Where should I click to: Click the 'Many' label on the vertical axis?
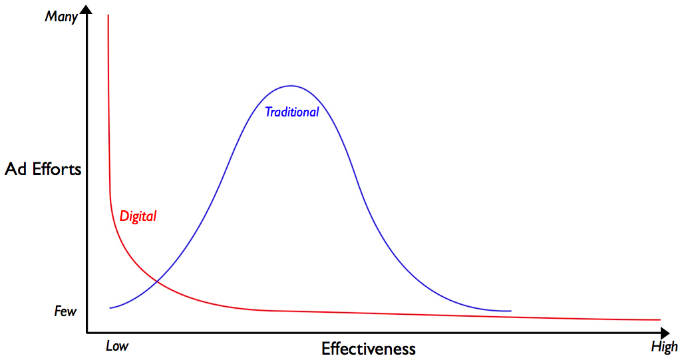point(61,17)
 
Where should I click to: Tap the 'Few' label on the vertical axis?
point(65,311)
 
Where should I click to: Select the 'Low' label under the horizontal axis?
point(117,346)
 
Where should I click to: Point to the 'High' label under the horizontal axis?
point(664,346)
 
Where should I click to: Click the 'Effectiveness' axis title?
point(368,349)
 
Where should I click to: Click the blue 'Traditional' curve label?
point(291,112)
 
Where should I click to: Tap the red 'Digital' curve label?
point(138,216)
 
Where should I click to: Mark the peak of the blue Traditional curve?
point(291,86)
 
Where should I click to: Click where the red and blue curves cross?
point(157,282)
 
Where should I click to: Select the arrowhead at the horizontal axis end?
point(665,331)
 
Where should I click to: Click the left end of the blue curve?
point(110,307)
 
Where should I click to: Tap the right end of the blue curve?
point(510,311)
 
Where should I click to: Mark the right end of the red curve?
point(659,320)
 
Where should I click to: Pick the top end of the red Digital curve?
point(108,15)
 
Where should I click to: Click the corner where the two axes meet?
point(87,331)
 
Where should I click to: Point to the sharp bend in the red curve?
point(110,200)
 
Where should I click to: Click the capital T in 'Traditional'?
point(269,112)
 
